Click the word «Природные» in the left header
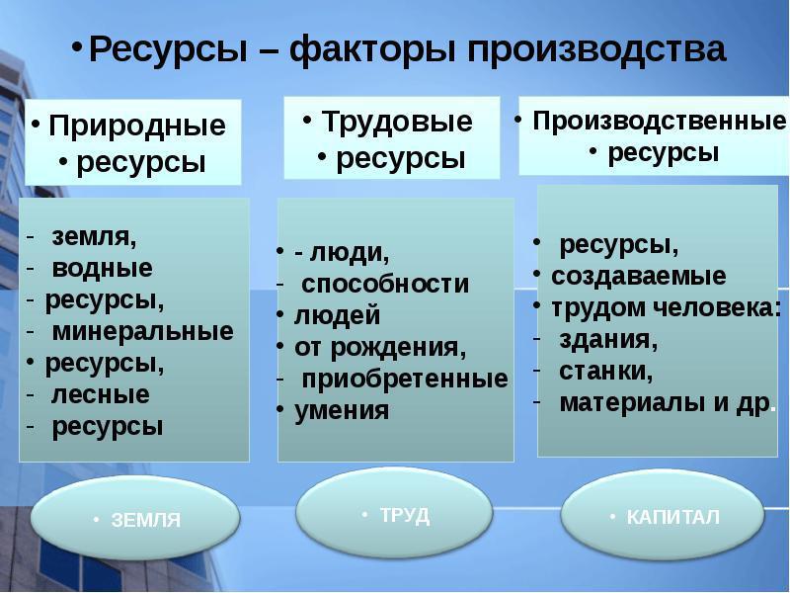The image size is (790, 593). [x=137, y=126]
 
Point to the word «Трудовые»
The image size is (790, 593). [x=397, y=122]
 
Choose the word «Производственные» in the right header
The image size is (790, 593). [x=659, y=121]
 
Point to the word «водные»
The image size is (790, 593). [x=103, y=268]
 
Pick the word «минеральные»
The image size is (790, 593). [x=143, y=331]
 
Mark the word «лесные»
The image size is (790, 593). [x=101, y=394]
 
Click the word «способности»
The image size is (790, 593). [x=385, y=284]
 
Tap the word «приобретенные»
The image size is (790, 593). [x=405, y=379]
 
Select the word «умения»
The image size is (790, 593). [x=342, y=410]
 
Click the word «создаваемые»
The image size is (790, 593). [x=638, y=276]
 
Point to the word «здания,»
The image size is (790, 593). [x=608, y=339]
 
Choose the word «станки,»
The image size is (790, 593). [x=606, y=371]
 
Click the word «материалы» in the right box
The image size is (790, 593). [x=631, y=403]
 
